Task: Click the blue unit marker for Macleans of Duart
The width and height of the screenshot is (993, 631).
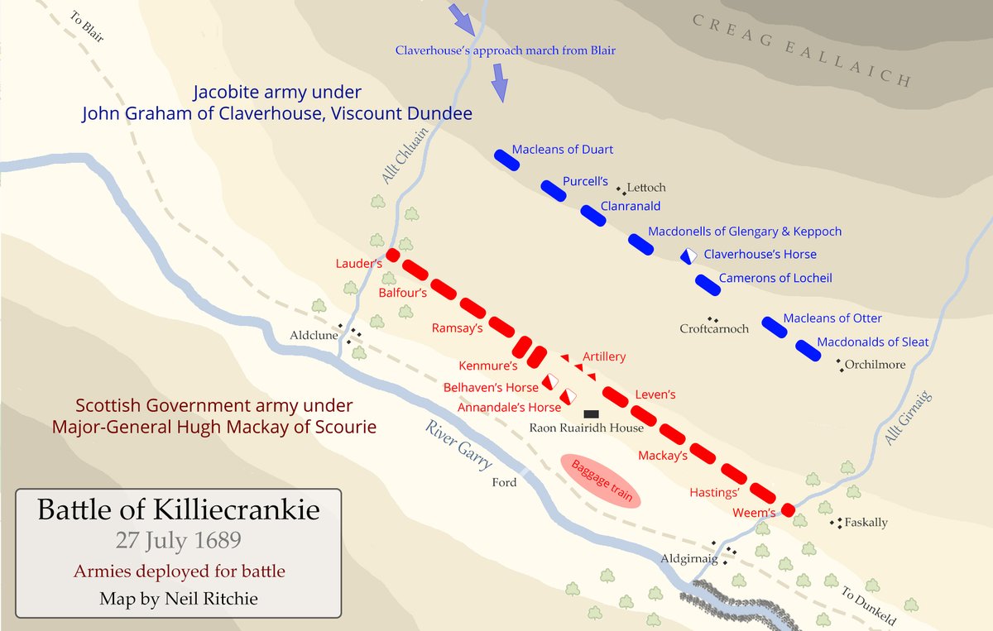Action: click(x=506, y=160)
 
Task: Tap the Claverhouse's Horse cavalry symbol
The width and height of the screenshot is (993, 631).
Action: click(x=688, y=256)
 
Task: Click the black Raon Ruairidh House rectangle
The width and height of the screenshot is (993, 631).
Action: click(x=591, y=413)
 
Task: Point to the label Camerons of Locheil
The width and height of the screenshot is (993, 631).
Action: click(x=775, y=279)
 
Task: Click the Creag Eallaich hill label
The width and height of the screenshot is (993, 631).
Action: click(x=800, y=50)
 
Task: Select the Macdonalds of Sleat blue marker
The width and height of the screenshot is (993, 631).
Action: click(x=807, y=350)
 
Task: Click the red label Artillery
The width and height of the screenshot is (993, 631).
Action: click(x=604, y=357)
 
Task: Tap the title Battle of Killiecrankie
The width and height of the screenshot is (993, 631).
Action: click(x=178, y=509)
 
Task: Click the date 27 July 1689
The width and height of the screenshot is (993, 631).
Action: click(x=178, y=542)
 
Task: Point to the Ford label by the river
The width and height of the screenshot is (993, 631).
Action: click(x=504, y=483)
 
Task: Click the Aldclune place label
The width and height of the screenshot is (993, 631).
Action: click(x=313, y=337)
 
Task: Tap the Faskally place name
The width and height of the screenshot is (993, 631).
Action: click(x=866, y=523)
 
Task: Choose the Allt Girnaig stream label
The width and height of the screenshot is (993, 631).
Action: click(x=908, y=418)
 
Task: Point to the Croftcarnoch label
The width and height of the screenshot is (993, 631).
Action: click(x=714, y=329)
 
